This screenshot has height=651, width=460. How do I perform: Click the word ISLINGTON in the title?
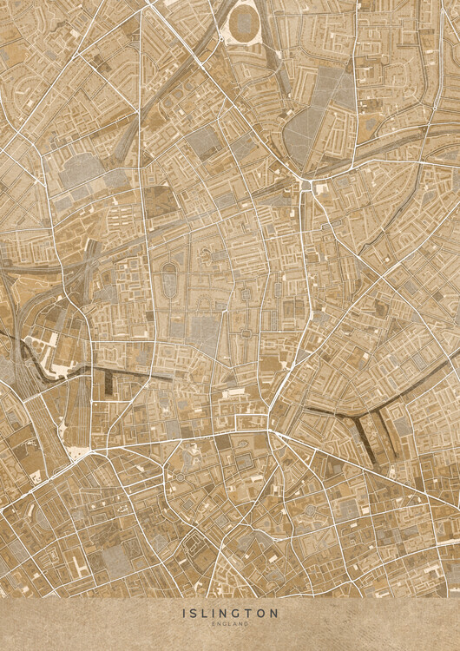(x=230, y=613)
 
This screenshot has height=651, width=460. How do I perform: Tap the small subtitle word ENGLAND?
(x=230, y=623)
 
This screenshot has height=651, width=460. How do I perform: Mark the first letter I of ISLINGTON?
(x=185, y=613)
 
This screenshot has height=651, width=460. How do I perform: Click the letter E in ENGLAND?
(x=214, y=623)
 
